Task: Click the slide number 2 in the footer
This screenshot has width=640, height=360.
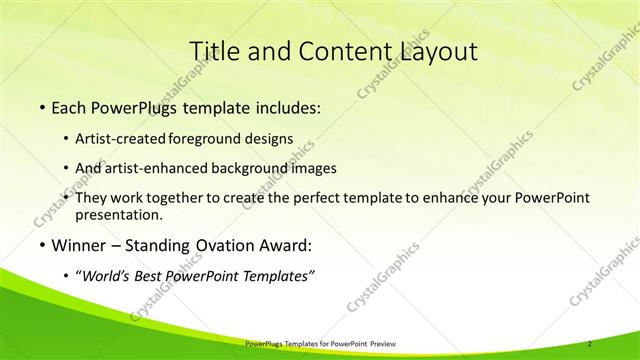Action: point(591,343)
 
